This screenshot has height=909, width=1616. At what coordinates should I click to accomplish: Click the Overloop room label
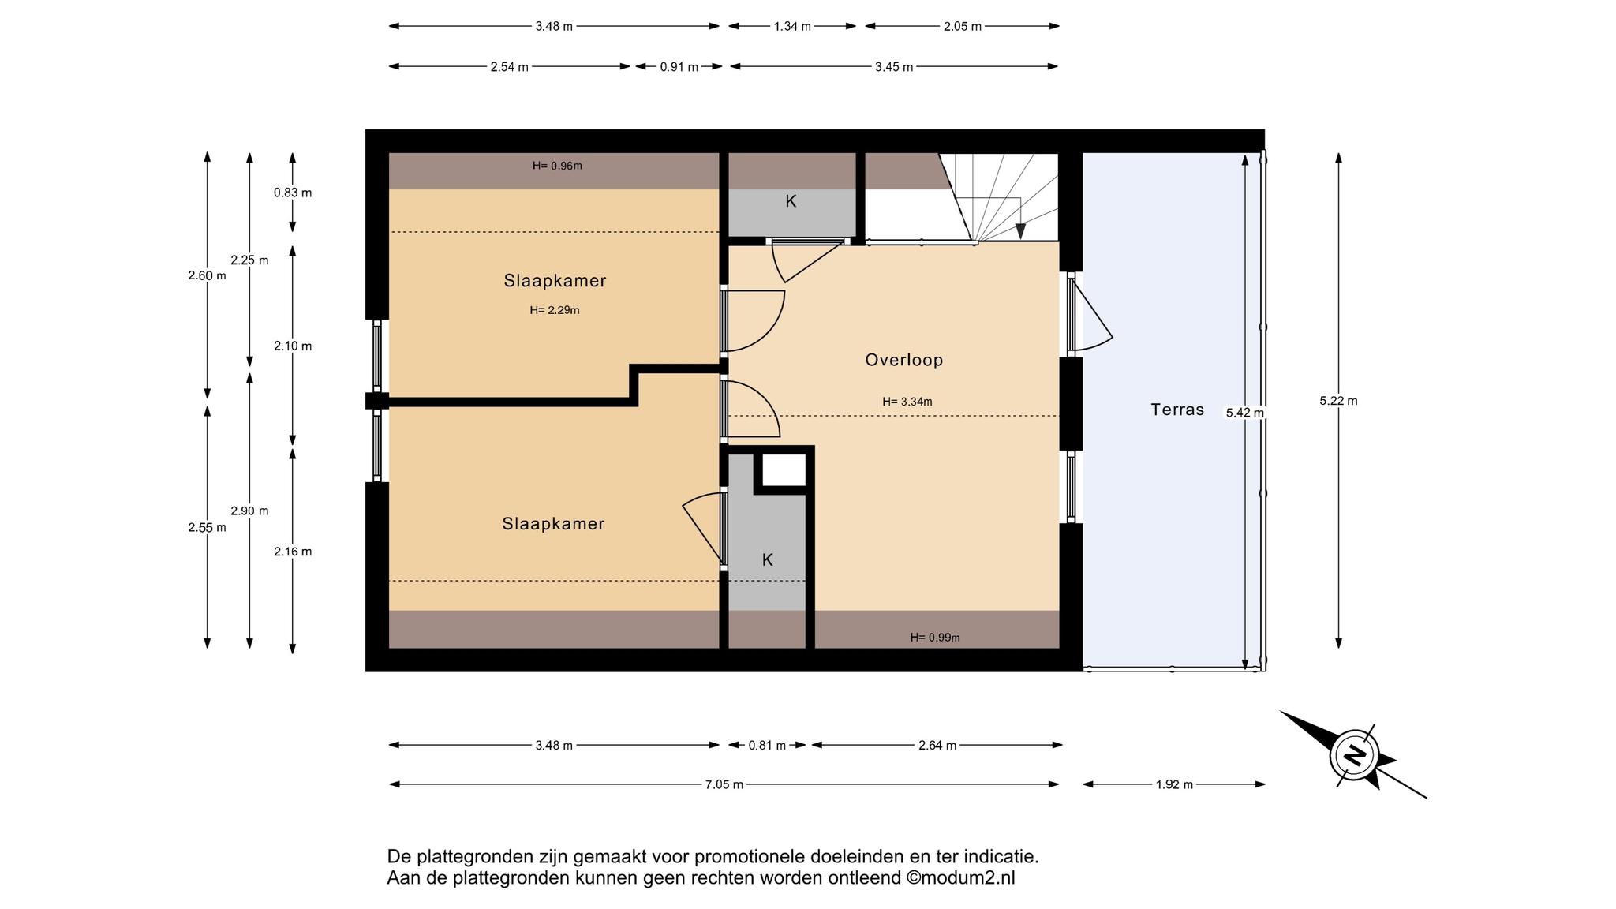tap(903, 360)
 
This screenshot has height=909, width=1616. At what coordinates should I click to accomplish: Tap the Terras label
tap(1177, 410)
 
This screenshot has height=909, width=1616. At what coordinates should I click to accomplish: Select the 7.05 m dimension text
tap(724, 784)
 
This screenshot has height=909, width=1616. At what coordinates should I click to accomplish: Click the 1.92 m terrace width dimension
tap(1174, 784)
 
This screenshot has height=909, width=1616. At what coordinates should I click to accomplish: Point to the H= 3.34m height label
tap(907, 402)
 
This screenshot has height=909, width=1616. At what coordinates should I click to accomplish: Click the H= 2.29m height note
tap(555, 310)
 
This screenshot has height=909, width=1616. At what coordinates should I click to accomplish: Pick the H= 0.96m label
tap(557, 166)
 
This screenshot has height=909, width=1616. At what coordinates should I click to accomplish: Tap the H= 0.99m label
tap(935, 638)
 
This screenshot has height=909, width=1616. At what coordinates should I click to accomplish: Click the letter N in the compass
tap(1355, 755)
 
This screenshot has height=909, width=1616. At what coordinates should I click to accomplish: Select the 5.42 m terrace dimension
tap(1244, 412)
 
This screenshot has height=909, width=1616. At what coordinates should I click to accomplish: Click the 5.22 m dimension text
tap(1338, 401)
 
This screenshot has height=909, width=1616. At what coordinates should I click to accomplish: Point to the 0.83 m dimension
tap(293, 193)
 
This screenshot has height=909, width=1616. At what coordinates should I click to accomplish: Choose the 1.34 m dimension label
tap(792, 26)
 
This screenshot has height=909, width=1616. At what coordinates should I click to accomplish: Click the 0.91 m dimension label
tap(679, 67)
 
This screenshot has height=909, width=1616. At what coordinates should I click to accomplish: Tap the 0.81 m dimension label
tap(767, 746)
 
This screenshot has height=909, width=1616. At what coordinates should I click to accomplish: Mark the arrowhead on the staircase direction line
tap(1020, 231)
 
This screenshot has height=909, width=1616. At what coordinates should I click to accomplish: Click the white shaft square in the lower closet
tap(784, 470)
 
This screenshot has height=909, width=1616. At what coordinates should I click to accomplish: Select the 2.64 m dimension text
tap(937, 746)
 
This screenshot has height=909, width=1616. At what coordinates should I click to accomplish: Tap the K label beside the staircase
tap(791, 201)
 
